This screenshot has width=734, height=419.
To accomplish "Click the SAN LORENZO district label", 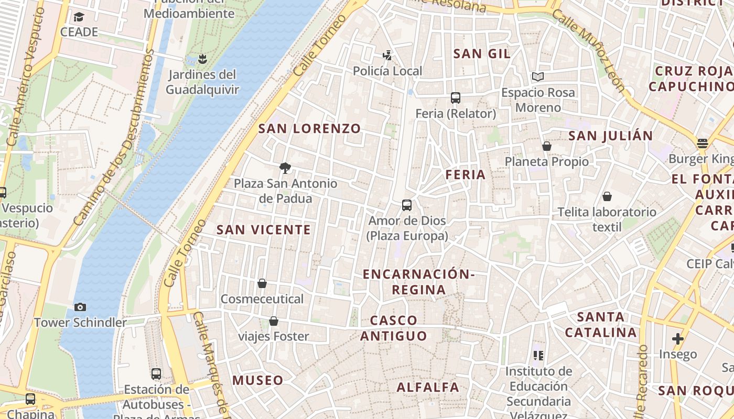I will pos(310,128).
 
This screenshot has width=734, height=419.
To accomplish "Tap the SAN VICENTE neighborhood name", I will pos(264,229).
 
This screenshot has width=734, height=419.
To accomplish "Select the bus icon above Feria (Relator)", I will pos(456,98).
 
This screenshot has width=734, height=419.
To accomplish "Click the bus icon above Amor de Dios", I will pos(407,205).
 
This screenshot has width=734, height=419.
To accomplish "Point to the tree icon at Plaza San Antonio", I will pos(285,168).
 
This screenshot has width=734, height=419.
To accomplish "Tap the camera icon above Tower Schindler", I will pos(80,307).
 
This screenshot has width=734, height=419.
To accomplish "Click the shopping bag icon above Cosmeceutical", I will pos(262,283).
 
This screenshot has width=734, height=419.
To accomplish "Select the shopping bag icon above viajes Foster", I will pos(273,321).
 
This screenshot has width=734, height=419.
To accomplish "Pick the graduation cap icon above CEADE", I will pos(79,17).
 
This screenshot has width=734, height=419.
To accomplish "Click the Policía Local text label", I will pos(387,71).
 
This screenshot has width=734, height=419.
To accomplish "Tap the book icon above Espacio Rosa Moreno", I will pos(537,77).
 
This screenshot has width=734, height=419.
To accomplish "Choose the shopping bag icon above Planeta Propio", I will pos(547,146).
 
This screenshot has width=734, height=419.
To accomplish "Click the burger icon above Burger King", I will pos(703,143).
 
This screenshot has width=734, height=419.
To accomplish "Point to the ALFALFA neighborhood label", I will pos(428,388).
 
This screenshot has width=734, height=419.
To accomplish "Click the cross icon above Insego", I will pos(678,339).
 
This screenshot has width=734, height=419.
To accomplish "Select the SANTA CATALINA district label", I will pos(601,325).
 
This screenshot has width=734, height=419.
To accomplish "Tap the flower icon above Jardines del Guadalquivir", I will pos(202,59).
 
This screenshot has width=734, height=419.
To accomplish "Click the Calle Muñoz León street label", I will pos(589,51).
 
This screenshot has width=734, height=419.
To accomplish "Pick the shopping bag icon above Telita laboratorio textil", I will pos(607,196).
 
